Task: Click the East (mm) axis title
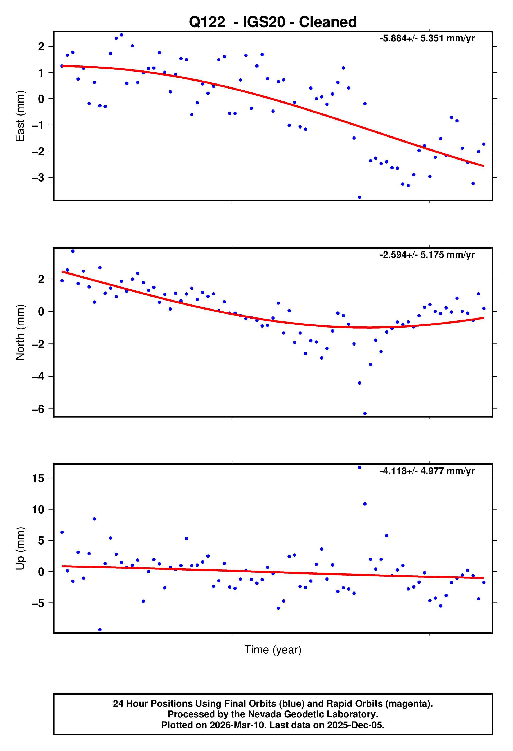20,116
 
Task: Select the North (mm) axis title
20,332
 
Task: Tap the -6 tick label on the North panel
38,409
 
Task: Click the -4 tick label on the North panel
38,377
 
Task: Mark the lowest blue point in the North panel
365,414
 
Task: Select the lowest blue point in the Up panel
100,630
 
